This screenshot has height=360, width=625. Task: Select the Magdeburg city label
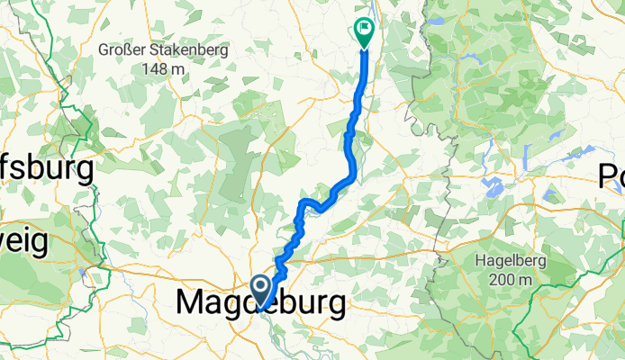coord(260,304)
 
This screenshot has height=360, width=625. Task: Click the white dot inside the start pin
coord(261,287)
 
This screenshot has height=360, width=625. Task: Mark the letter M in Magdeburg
coord(194,304)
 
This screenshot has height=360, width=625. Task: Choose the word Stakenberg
coord(187,52)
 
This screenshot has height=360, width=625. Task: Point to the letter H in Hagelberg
coord(480,262)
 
